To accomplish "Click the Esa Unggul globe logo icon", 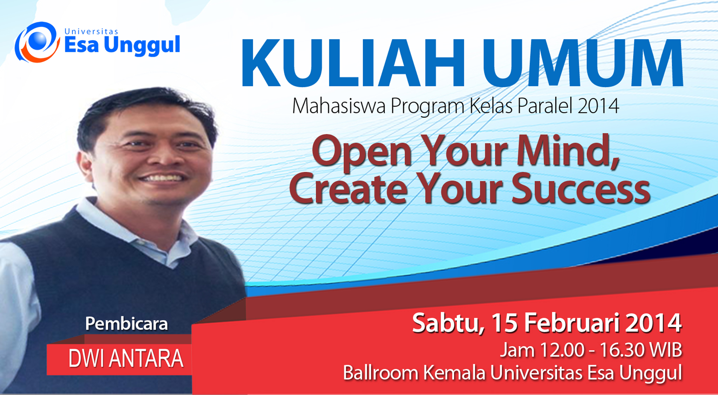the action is click(x=37, y=42).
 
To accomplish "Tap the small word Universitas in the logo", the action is click(x=91, y=32).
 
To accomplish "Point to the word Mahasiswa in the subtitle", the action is click(x=339, y=106).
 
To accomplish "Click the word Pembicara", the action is click(x=127, y=323).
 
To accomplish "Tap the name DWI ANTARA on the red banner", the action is click(x=126, y=358).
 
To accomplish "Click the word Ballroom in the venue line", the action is click(x=380, y=373).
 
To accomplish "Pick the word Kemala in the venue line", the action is click(x=454, y=373).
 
